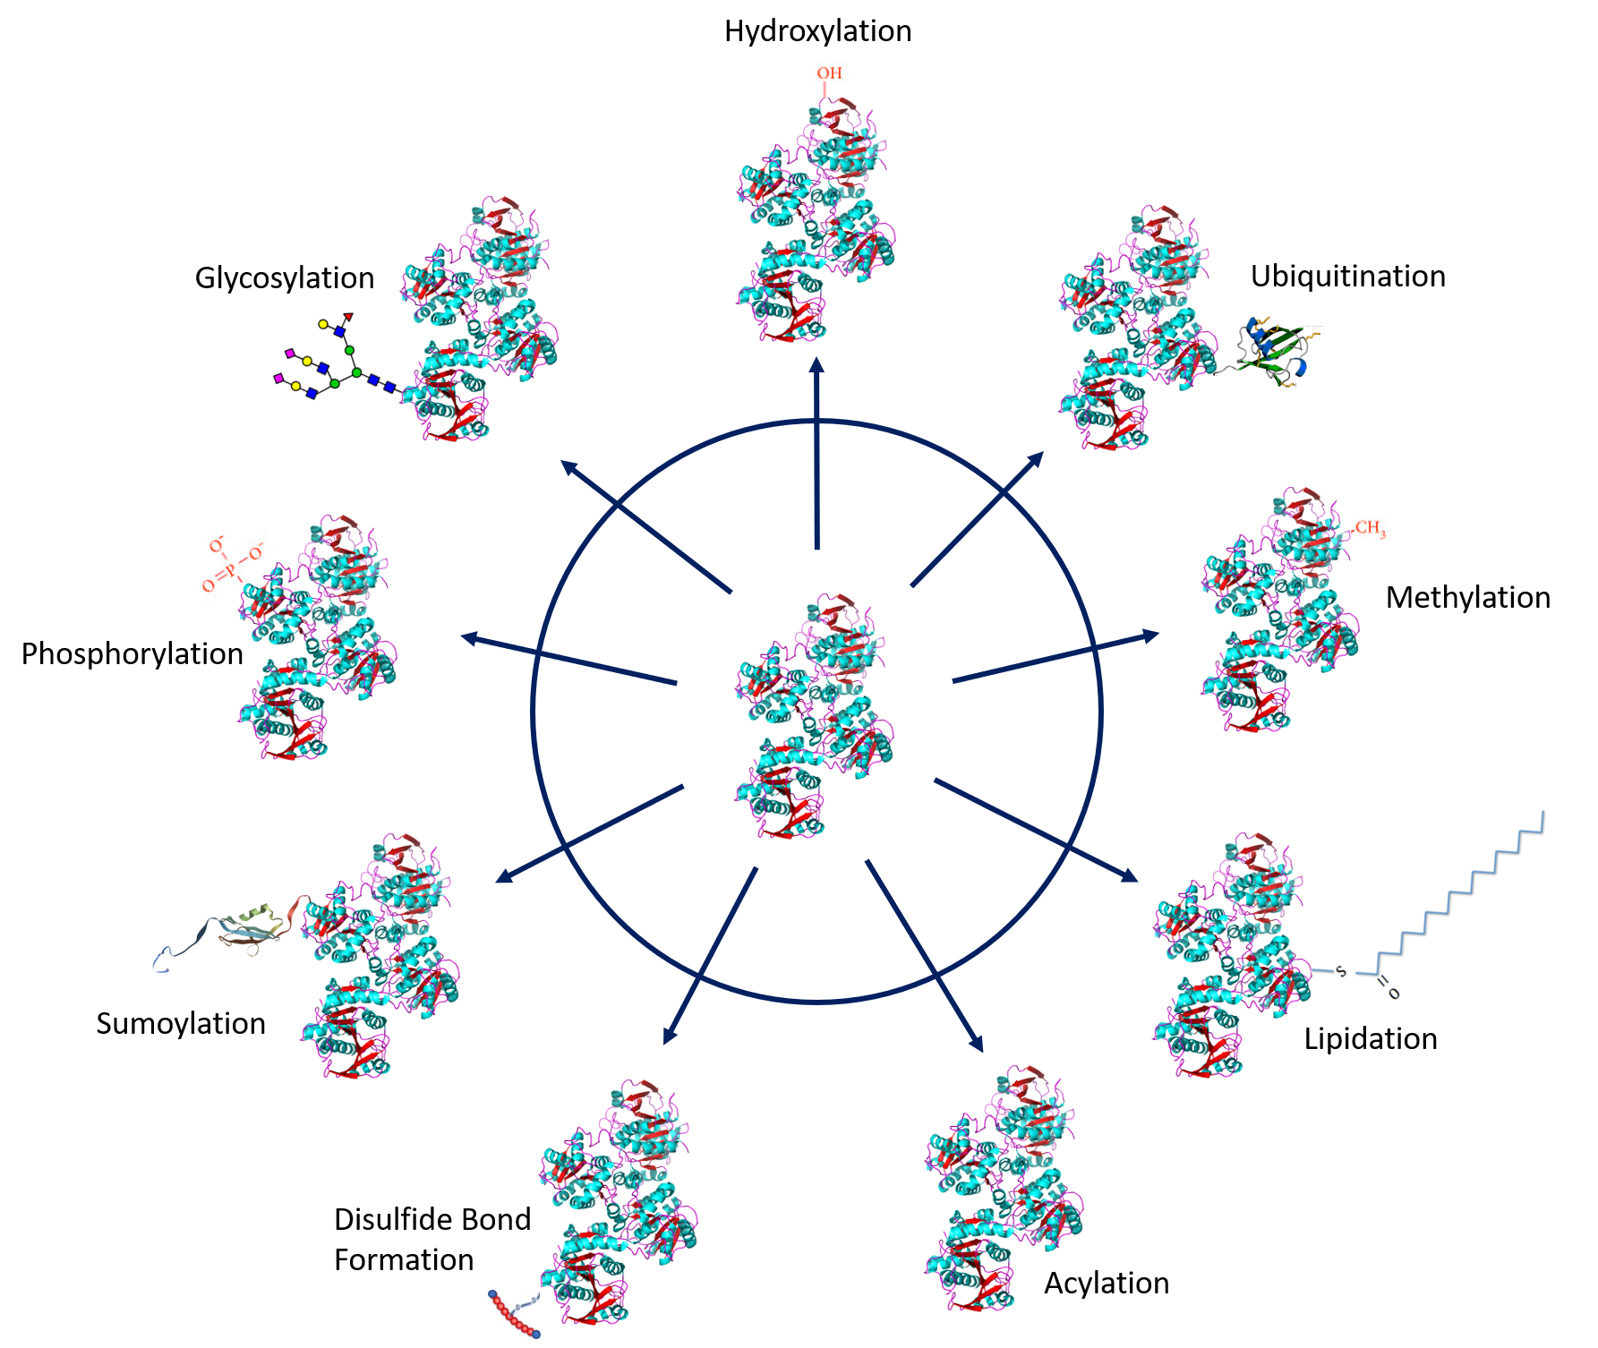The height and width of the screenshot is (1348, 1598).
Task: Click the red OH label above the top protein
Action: click(829, 73)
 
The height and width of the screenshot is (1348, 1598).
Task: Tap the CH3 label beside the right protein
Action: click(1370, 528)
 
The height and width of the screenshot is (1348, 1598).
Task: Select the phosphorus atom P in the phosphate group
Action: click(230, 570)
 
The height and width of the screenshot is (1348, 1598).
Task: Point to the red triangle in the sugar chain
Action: click(349, 316)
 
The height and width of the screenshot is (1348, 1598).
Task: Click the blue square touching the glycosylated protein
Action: click(390, 387)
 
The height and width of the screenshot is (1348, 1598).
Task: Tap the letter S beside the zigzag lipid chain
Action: click(1340, 971)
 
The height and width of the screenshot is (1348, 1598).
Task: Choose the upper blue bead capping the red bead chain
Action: click(492, 1294)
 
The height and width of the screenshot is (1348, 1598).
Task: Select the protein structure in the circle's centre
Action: click(815, 714)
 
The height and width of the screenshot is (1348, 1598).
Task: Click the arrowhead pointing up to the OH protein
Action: click(816, 366)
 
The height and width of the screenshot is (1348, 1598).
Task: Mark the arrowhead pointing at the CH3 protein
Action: click(1151, 635)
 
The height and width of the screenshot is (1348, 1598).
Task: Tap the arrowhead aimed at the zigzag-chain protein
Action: click(1130, 876)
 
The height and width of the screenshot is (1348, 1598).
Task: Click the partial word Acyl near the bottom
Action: click(1071, 1284)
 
